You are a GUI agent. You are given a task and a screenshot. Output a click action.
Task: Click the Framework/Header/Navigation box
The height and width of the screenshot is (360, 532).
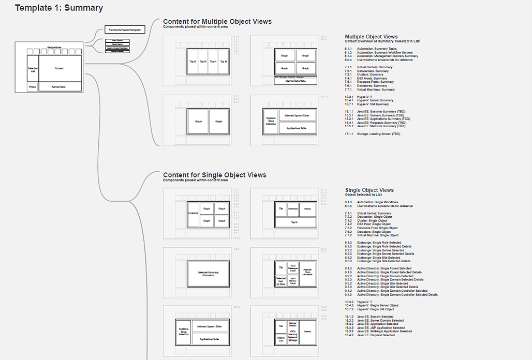click(125, 30)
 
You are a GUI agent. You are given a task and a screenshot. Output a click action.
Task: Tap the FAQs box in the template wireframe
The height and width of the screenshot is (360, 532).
click(33, 87)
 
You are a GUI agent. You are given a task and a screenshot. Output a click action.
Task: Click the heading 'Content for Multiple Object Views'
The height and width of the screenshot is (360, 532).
click(217, 21)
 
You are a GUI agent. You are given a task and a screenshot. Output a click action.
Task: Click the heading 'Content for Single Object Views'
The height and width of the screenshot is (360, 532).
click(215, 175)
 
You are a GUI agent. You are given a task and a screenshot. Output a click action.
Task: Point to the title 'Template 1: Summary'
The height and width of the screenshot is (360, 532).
click(59, 8)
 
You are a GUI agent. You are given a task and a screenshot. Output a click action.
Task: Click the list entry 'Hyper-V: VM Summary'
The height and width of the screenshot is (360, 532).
click(373, 104)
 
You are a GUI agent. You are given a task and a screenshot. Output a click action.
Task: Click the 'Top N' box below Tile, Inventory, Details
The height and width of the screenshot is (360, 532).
click(294, 222)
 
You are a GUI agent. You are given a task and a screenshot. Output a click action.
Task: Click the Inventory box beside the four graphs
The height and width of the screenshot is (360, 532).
click(194, 213)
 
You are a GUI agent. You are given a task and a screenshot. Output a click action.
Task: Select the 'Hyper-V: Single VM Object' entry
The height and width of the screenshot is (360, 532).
click(375, 309)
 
